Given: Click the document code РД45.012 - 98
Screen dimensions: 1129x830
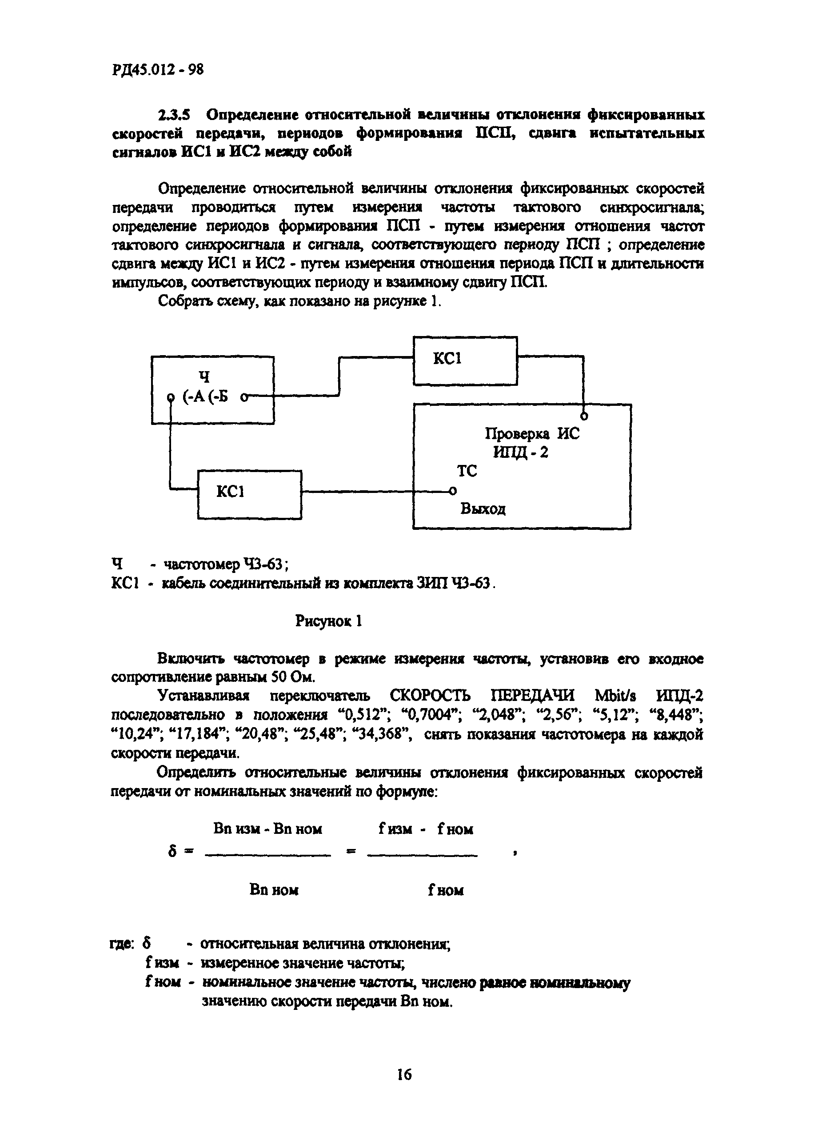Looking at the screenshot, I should tap(158, 70).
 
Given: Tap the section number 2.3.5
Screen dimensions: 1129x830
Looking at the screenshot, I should tap(174, 115).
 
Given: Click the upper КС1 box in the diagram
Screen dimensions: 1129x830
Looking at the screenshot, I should tap(465, 361).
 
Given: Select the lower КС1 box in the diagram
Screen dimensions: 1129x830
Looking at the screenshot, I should tap(250, 494).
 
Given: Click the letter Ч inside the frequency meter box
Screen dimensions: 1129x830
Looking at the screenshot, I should tap(204, 377).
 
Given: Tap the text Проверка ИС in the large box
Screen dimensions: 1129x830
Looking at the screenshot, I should tap(531, 433).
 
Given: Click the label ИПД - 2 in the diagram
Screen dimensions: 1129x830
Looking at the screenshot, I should tap(520, 452).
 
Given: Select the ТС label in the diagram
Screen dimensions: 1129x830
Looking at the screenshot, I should tap(467, 472).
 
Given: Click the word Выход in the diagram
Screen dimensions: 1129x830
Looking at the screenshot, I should tap(483, 509).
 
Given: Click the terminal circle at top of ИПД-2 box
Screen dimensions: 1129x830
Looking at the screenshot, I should tap(584, 416).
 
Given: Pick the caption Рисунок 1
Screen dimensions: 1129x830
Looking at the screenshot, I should tap(329, 622).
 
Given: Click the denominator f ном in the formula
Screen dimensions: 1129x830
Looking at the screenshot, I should tap(446, 890).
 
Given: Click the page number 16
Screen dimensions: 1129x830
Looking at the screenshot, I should tap(404, 1075).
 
